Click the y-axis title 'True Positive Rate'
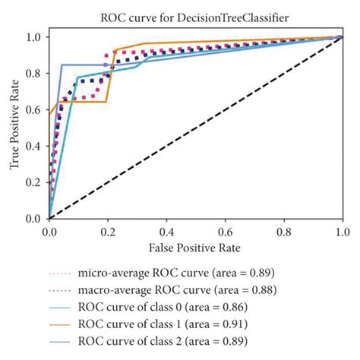coord(14,127)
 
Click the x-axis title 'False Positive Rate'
coord(195,248)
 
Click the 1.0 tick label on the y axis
coord(35,36)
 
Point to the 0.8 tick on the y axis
coord(35,73)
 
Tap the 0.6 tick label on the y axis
coord(35,109)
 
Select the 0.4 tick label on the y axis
coord(35,146)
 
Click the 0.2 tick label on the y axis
coord(35,182)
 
